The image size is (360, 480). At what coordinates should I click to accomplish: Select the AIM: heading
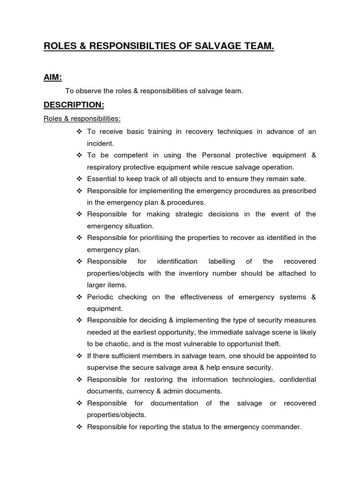[53, 77]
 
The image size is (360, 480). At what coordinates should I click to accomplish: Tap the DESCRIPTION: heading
[74, 105]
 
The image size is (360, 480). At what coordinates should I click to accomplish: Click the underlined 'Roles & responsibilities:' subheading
[82, 119]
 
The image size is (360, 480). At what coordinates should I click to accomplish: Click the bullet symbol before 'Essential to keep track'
[79, 179]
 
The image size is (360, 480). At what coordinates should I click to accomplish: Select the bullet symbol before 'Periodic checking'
[79, 297]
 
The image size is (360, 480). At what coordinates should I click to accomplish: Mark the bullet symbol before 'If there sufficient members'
[79, 356]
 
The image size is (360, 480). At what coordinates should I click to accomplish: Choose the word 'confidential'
[298, 379]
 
